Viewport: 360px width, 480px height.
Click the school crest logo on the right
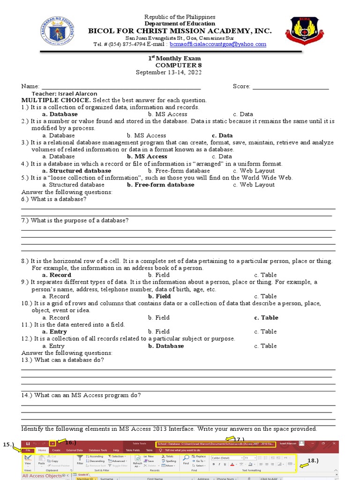tap(304, 31)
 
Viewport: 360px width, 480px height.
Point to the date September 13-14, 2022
tap(168, 72)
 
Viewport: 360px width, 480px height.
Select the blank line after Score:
tap(290, 87)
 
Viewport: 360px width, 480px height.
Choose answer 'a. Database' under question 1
tap(60, 114)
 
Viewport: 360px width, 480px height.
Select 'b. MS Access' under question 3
tap(147, 157)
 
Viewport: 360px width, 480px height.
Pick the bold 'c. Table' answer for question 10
tap(266, 317)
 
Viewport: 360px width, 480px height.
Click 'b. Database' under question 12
tap(166, 346)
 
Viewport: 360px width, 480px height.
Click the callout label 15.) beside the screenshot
tap(8, 443)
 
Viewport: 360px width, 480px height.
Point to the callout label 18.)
tap(313, 460)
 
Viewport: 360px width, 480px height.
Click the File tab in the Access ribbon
tap(28, 450)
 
